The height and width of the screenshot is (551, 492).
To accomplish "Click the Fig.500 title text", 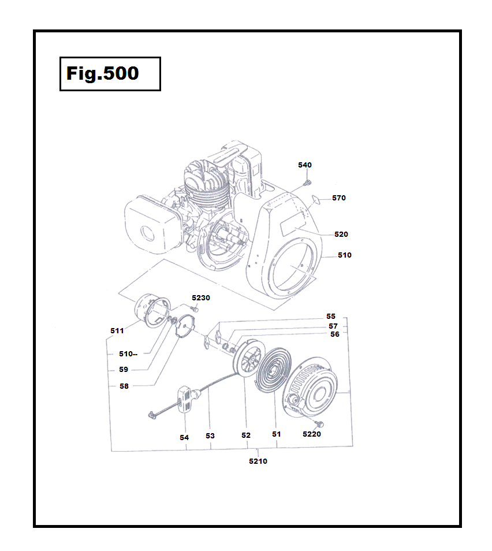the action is (x=102, y=73).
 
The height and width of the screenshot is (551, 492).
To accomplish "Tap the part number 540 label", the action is (x=305, y=165).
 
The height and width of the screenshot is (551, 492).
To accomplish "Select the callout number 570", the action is (x=339, y=198).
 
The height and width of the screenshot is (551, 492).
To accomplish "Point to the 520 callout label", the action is (x=341, y=234).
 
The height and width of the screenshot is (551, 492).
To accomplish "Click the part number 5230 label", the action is (x=200, y=297).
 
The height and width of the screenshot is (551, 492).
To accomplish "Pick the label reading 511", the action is (x=117, y=331).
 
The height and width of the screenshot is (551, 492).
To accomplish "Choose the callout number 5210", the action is (x=258, y=461).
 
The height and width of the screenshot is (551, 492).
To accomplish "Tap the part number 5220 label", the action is (x=312, y=434).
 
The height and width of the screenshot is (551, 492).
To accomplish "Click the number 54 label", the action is (x=184, y=437).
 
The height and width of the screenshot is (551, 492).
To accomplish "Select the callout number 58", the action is (x=124, y=386).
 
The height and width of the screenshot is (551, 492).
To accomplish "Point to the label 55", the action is (x=331, y=317).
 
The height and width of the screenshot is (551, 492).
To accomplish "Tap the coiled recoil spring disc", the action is (x=273, y=370).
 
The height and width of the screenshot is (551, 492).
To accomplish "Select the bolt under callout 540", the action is (x=307, y=183).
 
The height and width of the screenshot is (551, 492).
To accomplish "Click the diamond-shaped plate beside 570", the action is (x=316, y=200).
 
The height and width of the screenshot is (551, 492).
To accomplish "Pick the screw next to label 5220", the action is (x=319, y=424).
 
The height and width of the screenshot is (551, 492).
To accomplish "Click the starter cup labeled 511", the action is (x=152, y=311).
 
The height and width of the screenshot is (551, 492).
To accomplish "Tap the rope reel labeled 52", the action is (x=248, y=359).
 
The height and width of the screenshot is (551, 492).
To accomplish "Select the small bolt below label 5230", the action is (x=195, y=308).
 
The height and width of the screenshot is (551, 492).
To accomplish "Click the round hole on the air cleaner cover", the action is (x=147, y=233).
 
